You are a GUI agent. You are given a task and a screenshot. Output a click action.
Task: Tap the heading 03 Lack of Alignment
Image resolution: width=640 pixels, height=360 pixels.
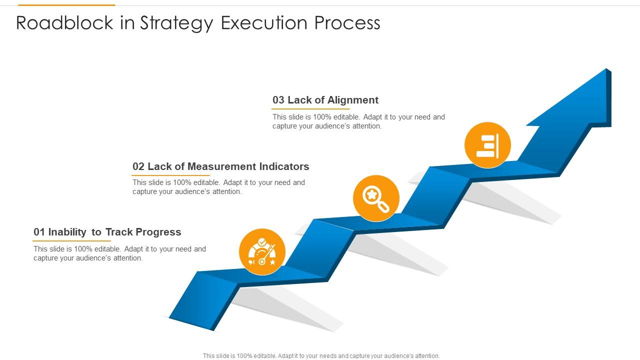(325, 100)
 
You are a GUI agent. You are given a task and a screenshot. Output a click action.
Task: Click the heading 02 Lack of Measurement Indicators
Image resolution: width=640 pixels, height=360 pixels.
(220, 166)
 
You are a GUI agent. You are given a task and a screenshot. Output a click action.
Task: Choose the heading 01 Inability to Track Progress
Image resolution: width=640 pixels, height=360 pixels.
(107, 232)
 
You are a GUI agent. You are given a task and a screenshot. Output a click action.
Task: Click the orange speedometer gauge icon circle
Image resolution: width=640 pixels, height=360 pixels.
(262, 252)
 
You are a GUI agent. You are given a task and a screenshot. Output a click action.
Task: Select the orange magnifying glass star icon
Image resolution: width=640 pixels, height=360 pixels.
(376, 198)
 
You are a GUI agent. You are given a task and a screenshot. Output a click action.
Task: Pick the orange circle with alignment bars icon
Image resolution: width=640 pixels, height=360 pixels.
(487, 145)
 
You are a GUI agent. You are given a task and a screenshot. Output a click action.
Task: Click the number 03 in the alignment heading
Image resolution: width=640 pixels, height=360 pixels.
(278, 100)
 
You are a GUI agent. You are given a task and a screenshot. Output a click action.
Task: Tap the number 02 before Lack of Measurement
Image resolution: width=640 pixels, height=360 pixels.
(138, 166)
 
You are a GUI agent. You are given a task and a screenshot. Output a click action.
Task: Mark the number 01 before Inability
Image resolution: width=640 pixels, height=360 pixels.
(39, 232)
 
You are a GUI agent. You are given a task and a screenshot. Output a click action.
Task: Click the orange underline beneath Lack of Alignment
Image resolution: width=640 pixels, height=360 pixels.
(310, 109)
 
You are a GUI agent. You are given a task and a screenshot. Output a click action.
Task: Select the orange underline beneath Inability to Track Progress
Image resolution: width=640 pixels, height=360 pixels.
(71, 241)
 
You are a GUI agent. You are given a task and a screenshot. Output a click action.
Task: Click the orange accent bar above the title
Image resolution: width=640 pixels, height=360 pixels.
(66, 5)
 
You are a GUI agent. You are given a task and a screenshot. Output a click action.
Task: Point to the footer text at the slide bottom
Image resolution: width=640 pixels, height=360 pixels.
(321, 356)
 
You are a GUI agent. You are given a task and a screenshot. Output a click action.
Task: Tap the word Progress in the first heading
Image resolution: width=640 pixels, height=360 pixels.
(158, 232)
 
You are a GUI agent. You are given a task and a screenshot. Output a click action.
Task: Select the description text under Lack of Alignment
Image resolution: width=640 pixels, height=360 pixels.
(358, 121)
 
